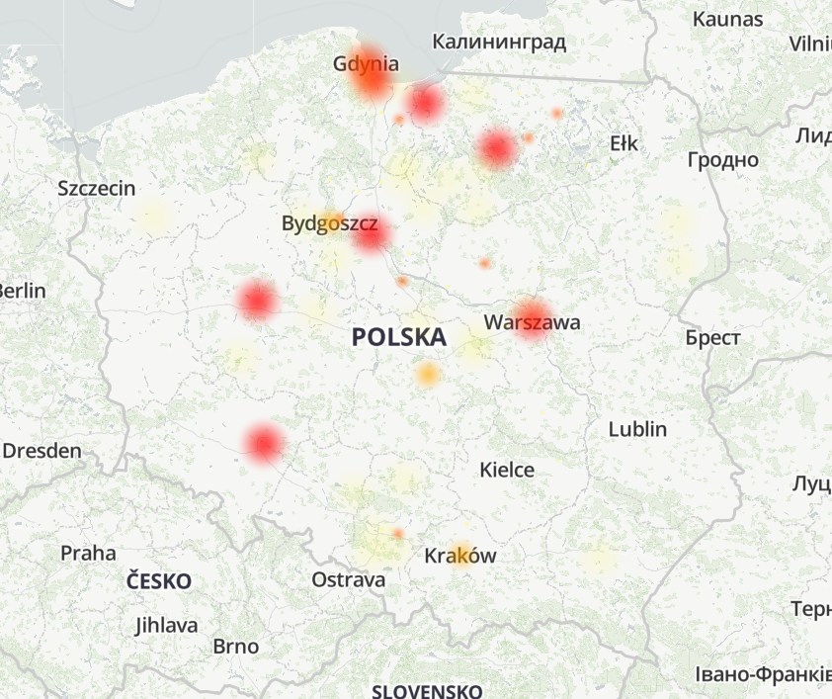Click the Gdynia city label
pos(367,64)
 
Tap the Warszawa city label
pos(532,322)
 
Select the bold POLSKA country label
pos(398,337)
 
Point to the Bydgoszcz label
pos(330,223)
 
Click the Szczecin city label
pos(97,188)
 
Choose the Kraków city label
pos(460,556)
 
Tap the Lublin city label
pos(637,429)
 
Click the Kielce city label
pos(507,470)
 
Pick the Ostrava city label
pos(349,579)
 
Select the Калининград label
pos(499,42)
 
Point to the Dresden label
pos(42,451)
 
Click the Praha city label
pos(88,553)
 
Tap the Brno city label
pos(236,647)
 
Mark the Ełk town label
pos(624,143)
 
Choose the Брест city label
pos(712,338)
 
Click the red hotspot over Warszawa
pos(532,318)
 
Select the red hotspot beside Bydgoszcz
pos(371,234)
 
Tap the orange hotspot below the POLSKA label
pos(427,374)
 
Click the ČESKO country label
pos(159,581)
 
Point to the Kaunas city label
pos(727,19)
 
